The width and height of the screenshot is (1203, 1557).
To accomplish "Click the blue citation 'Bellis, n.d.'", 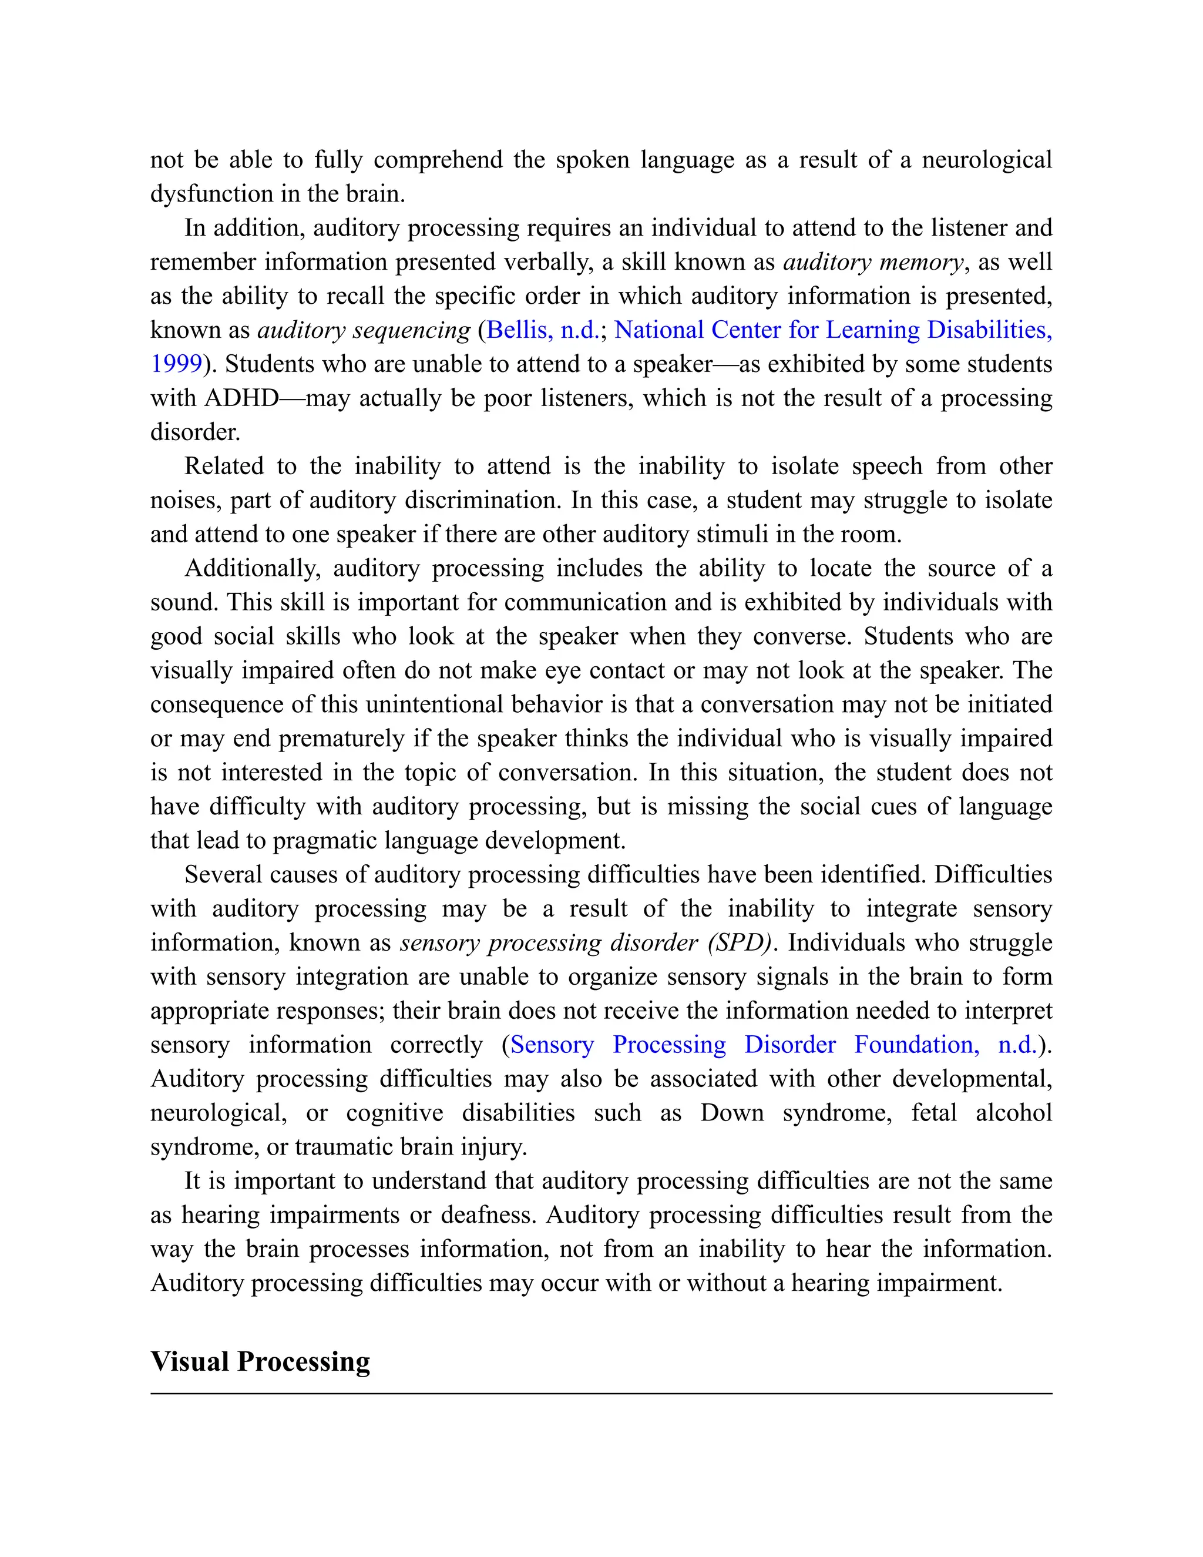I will click(x=543, y=330).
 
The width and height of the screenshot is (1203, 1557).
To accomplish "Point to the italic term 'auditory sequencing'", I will click(x=364, y=330).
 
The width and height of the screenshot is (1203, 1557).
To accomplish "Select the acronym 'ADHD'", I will click(x=241, y=398).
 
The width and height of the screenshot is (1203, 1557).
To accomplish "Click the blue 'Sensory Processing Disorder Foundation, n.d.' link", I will click(x=773, y=1045).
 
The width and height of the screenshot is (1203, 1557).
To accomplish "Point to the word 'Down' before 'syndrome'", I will click(x=732, y=1113).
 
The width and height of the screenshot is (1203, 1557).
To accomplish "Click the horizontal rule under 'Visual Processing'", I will click(x=601, y=1393).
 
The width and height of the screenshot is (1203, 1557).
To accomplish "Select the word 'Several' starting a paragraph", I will click(x=223, y=875).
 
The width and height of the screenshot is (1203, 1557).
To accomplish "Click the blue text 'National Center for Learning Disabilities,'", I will click(x=832, y=330).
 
